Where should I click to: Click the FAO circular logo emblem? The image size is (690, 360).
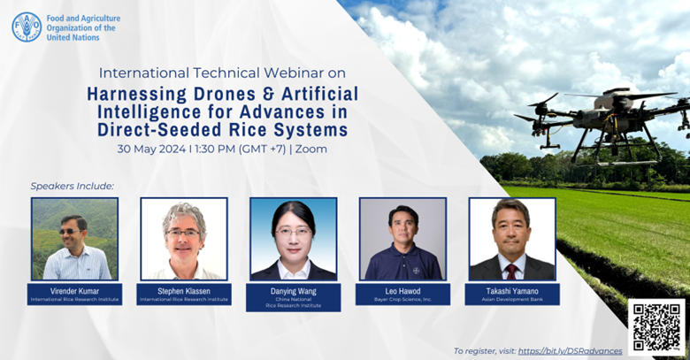pos(27,27)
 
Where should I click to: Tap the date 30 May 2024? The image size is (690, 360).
pos(155,149)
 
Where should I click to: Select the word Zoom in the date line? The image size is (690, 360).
pos(311,149)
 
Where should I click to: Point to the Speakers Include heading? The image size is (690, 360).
pos(73,186)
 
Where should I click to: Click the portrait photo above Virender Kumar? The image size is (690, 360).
pos(74,238)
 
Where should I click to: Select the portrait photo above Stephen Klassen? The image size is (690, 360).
pos(184,238)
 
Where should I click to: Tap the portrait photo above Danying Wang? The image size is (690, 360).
pos(293,238)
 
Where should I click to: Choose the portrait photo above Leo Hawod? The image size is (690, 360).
pos(402,238)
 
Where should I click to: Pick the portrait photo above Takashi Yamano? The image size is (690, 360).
pos(512,238)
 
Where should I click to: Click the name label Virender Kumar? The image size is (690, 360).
pos(74,290)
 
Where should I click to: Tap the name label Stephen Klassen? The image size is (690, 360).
pos(184,290)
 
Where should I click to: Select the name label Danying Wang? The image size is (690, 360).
pos(293,290)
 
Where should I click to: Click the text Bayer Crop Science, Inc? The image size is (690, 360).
pos(402,300)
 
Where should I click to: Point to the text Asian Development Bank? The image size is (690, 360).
pos(512,300)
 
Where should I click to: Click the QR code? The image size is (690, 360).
pos(656,326)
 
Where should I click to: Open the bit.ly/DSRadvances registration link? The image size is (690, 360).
pos(570,351)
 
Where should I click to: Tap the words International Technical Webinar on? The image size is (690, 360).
pos(222,72)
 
